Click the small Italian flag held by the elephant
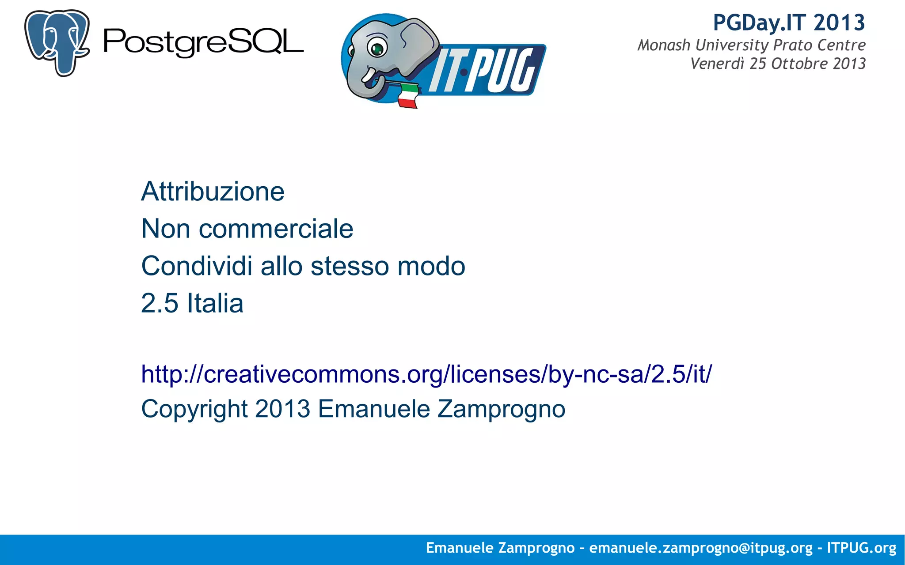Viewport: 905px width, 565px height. [x=408, y=95]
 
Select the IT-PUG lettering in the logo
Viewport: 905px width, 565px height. [x=486, y=71]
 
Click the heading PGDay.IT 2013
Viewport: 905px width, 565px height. [x=789, y=23]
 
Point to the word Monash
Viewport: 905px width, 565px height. [x=664, y=45]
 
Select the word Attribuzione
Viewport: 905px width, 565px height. [x=213, y=192]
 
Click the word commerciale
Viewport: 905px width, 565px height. [x=276, y=229]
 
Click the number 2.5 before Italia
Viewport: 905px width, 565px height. [x=160, y=303]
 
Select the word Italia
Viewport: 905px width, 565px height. [x=215, y=303]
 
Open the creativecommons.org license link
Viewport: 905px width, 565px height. [x=426, y=374]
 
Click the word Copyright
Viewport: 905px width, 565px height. [x=194, y=409]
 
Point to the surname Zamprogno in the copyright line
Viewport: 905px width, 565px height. [x=501, y=409]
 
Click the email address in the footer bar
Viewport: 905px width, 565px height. [x=701, y=548]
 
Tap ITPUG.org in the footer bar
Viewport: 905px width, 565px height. [x=861, y=548]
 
